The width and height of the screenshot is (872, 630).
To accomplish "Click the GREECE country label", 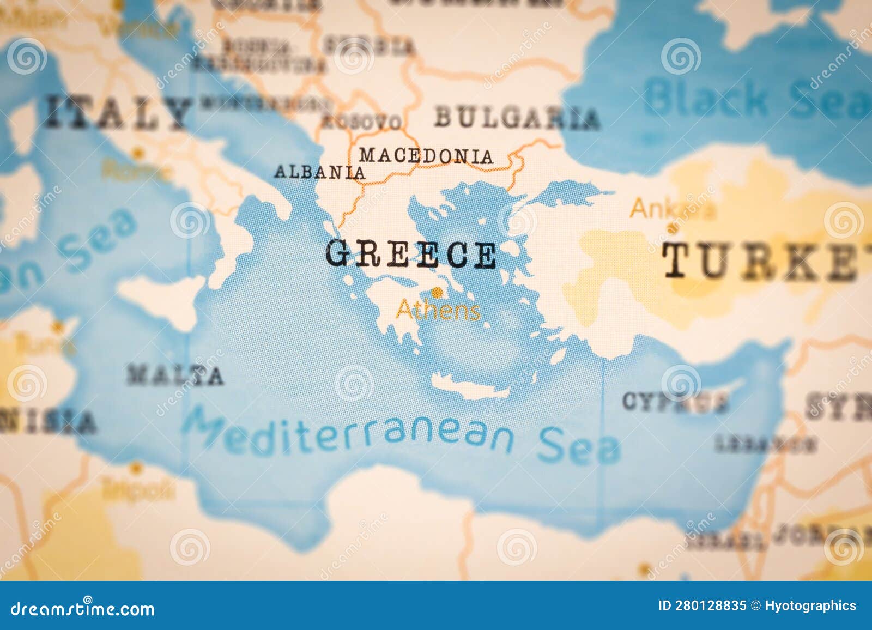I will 411,255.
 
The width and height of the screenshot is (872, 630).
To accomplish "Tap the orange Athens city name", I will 438,311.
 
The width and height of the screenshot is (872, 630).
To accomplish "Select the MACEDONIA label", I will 426,156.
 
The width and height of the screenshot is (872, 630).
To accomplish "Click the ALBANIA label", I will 319,173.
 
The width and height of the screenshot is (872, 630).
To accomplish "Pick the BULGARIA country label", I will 517,118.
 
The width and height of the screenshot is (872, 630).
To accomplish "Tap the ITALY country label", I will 118,112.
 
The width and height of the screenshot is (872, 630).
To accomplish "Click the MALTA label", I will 175,375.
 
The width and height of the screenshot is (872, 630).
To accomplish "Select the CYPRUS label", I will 675,402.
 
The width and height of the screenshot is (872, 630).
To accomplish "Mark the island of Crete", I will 471,387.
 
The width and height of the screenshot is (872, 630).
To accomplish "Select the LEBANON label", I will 765,445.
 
